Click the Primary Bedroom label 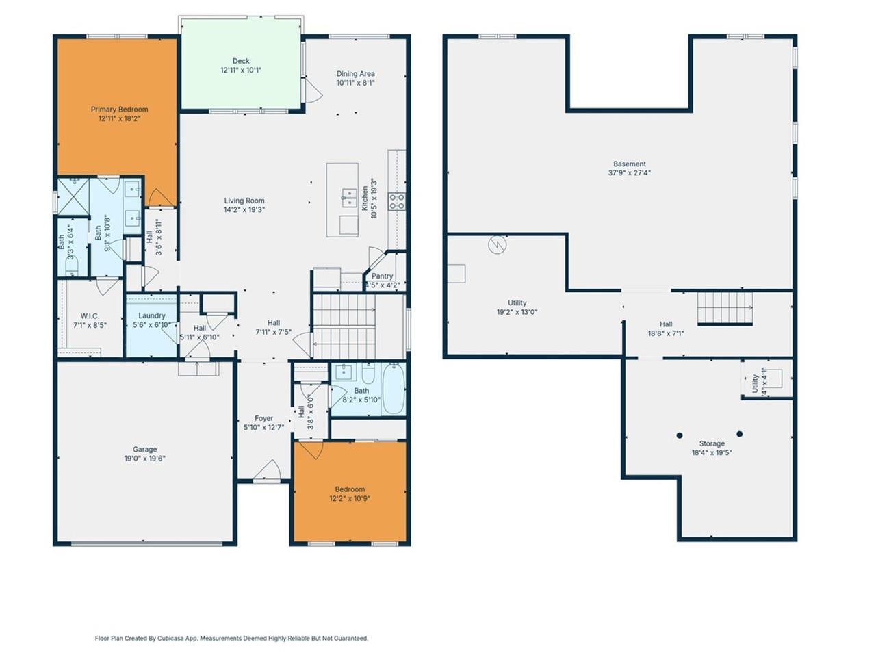(x=119, y=109)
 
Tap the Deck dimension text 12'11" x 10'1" (x=241, y=70)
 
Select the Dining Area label (x=355, y=74)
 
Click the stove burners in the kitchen (x=397, y=201)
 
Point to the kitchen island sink (x=349, y=198)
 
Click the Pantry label (x=382, y=276)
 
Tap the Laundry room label (x=151, y=316)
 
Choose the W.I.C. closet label (x=90, y=316)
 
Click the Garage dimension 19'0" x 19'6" (x=145, y=459)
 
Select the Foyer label (x=263, y=418)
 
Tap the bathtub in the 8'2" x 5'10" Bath (x=393, y=389)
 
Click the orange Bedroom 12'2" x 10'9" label (x=350, y=489)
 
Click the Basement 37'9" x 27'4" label (x=629, y=164)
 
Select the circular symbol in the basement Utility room (x=498, y=244)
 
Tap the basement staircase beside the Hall (x=725, y=309)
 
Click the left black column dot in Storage (x=680, y=435)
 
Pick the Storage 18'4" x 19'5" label (x=712, y=443)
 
